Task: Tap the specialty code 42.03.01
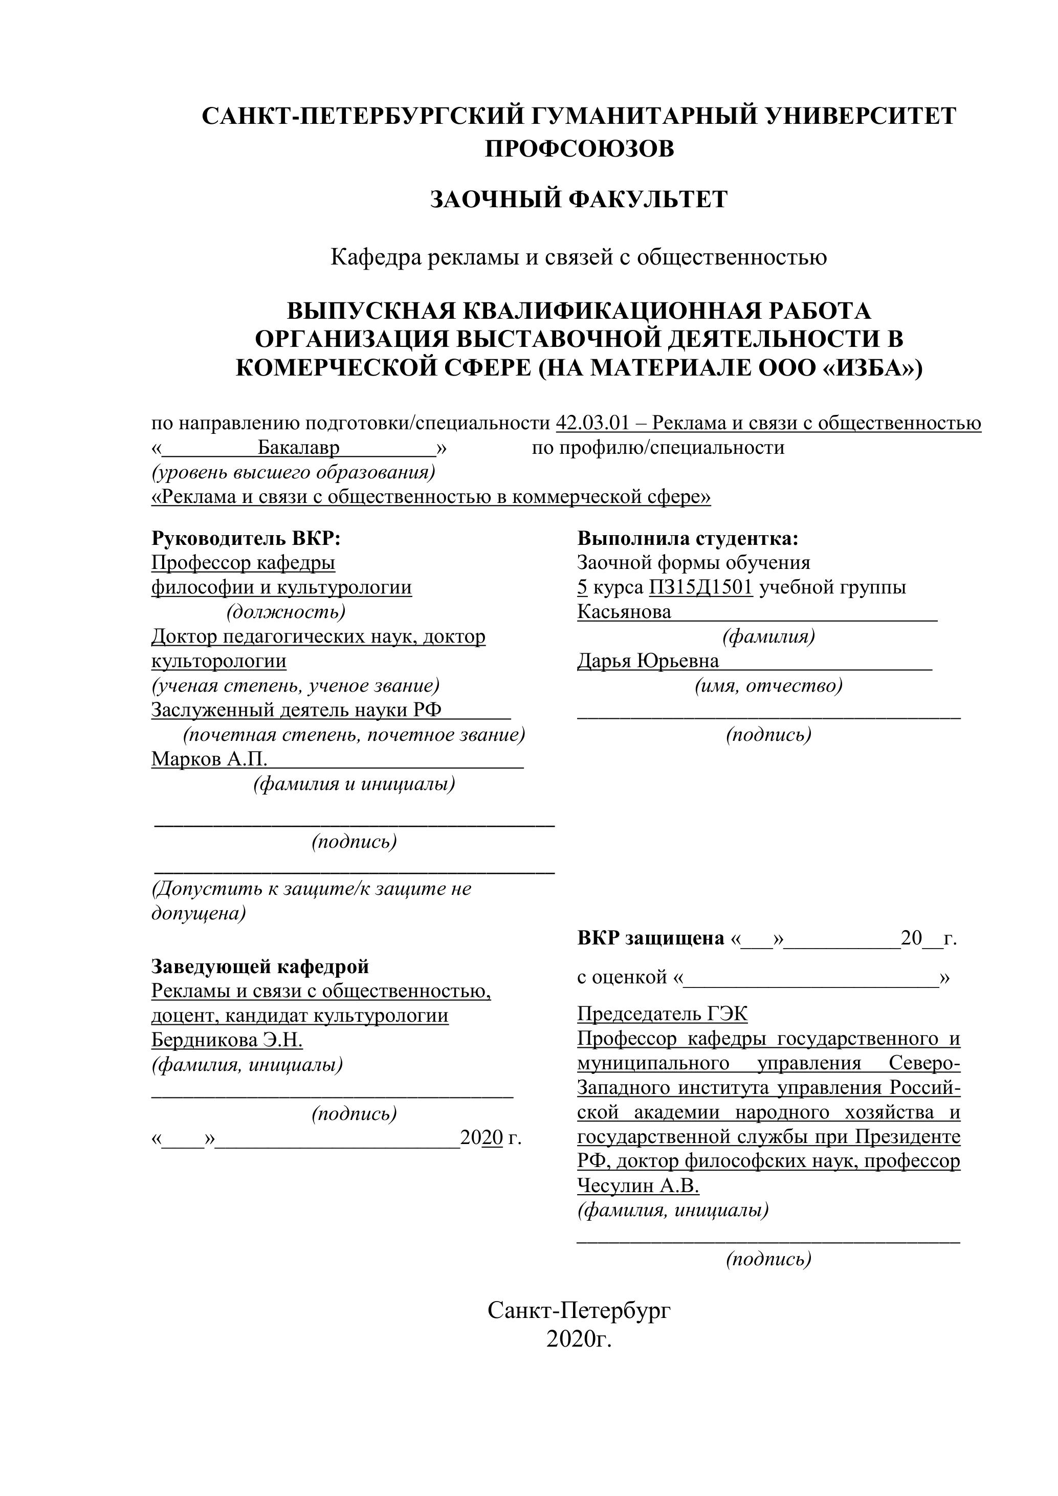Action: tap(592, 424)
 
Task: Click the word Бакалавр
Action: tap(299, 448)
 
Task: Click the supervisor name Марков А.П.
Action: tap(209, 759)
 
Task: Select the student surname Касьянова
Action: tap(624, 612)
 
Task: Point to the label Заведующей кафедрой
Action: tap(260, 966)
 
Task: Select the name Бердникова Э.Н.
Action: tap(227, 1040)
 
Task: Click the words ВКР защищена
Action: tap(650, 938)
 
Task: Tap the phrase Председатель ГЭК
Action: tap(662, 1014)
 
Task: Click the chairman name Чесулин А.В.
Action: tap(638, 1186)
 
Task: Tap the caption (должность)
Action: tap(285, 612)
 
